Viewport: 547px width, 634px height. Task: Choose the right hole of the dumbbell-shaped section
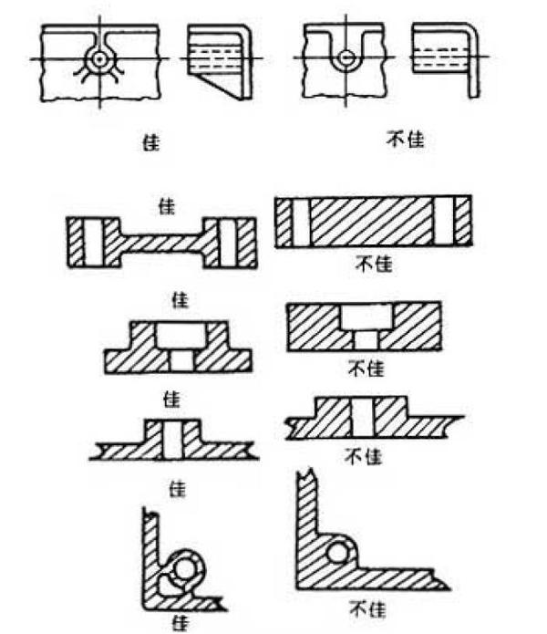234,242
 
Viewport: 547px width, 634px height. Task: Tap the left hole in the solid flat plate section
301,222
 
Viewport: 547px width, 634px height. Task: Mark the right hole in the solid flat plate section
445,222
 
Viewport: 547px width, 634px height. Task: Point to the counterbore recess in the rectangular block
366,318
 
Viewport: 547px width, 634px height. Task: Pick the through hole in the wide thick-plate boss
363,418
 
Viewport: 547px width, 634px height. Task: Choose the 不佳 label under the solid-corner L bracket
365,606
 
